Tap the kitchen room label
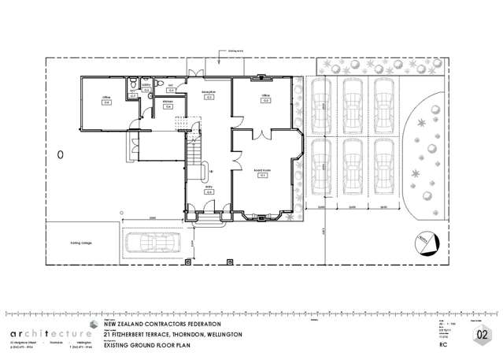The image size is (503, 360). click(x=168, y=104)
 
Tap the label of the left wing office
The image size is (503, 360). click(x=105, y=99)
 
